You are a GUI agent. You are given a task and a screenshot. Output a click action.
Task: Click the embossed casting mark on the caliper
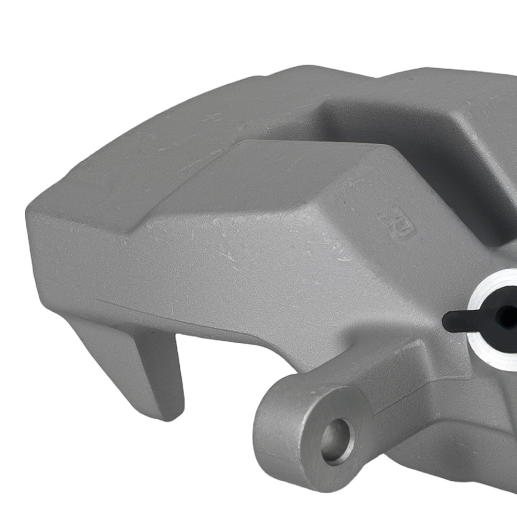[x=398, y=222]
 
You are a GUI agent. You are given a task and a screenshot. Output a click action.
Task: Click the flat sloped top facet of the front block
[x=290, y=171]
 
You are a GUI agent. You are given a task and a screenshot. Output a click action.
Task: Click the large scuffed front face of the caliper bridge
[x=233, y=258]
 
